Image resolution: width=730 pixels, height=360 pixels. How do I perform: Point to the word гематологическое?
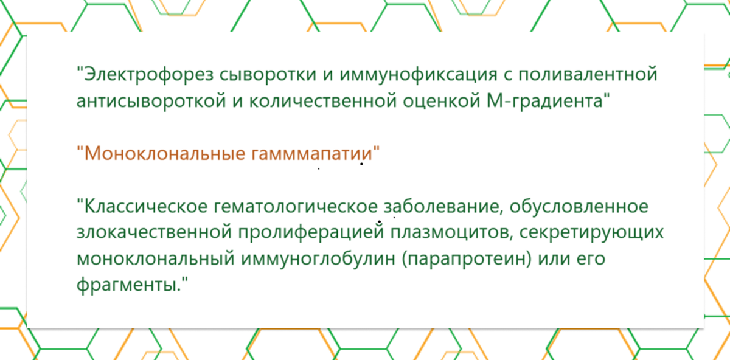pos(297,207)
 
